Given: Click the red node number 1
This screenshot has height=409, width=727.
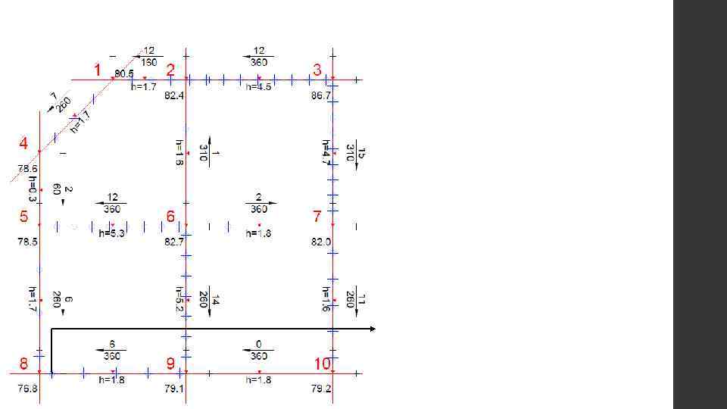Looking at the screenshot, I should click(x=97, y=70).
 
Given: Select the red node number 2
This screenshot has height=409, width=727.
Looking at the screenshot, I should click(x=171, y=70).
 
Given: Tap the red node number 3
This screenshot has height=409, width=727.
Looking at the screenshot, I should click(x=317, y=70).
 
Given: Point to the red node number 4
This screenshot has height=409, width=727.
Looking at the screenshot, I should click(x=24, y=143).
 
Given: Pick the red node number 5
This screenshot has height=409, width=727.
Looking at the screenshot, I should click(x=24, y=217).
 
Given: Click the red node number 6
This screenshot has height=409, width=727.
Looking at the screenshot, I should click(x=171, y=217).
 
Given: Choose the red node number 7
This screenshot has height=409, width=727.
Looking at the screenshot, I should click(x=317, y=217).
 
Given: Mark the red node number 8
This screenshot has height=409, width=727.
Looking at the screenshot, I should click(x=24, y=364).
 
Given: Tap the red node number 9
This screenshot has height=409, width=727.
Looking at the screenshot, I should click(x=171, y=364).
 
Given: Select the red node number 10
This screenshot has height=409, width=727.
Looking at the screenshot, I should click(x=323, y=364).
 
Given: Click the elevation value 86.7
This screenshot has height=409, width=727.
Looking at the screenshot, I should click(x=321, y=96).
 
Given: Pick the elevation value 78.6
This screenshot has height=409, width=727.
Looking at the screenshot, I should click(x=28, y=169).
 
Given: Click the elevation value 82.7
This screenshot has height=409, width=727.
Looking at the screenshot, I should click(x=174, y=242).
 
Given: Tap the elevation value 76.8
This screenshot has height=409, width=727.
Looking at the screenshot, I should click(x=28, y=389).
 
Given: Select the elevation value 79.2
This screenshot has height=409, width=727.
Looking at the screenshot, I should click(x=321, y=389).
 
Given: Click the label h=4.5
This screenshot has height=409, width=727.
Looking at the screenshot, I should click(x=259, y=87).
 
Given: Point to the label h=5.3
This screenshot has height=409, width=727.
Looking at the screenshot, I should click(x=112, y=234).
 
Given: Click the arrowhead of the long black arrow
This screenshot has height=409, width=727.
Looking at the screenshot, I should click(x=372, y=329).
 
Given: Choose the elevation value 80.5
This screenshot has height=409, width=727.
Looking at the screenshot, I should click(x=124, y=73).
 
